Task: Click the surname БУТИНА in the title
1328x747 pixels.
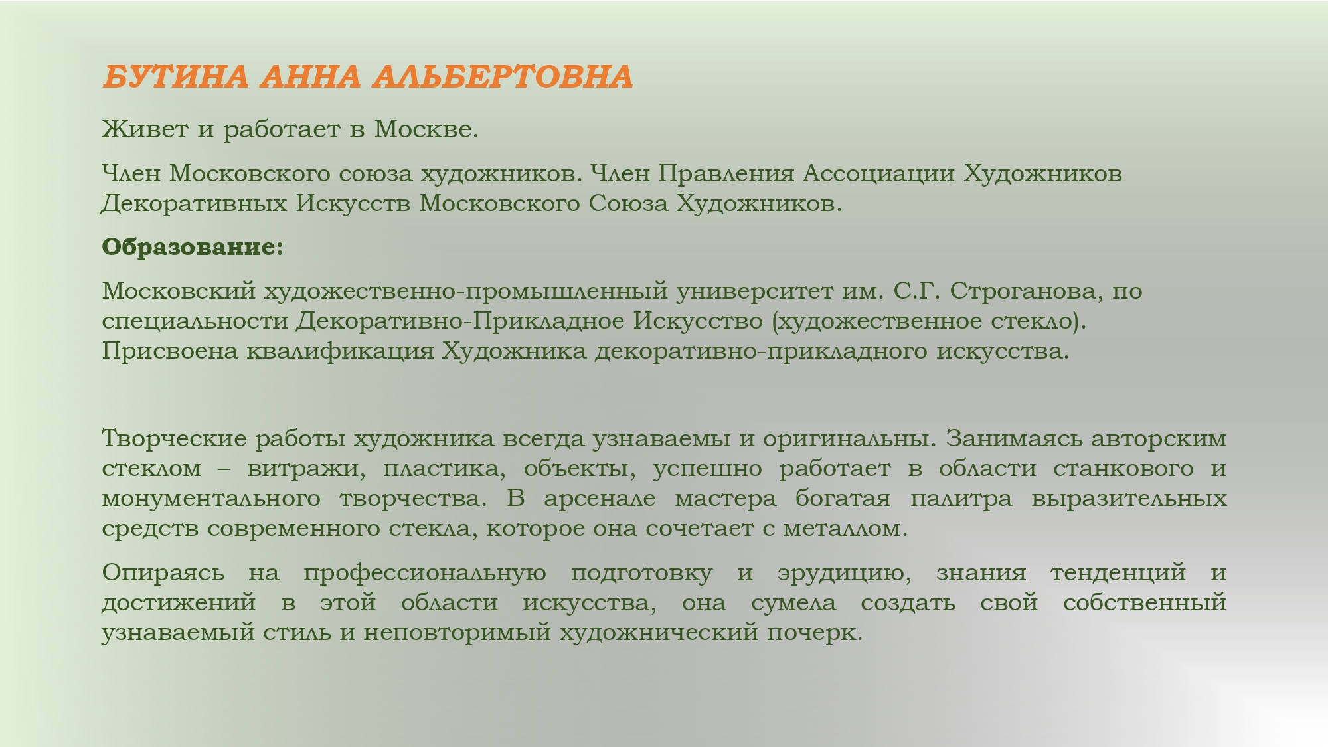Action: point(176,77)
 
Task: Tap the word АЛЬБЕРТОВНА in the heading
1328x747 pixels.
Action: point(503,77)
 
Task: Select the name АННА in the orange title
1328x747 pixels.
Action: point(311,77)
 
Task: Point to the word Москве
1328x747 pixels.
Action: point(426,129)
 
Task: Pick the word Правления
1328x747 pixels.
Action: point(726,173)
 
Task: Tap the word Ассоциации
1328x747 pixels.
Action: point(879,173)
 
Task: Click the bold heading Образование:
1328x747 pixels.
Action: point(193,247)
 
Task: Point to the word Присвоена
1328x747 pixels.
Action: point(170,351)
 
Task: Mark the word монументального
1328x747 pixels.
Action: point(210,499)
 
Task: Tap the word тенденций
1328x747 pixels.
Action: point(1118,572)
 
